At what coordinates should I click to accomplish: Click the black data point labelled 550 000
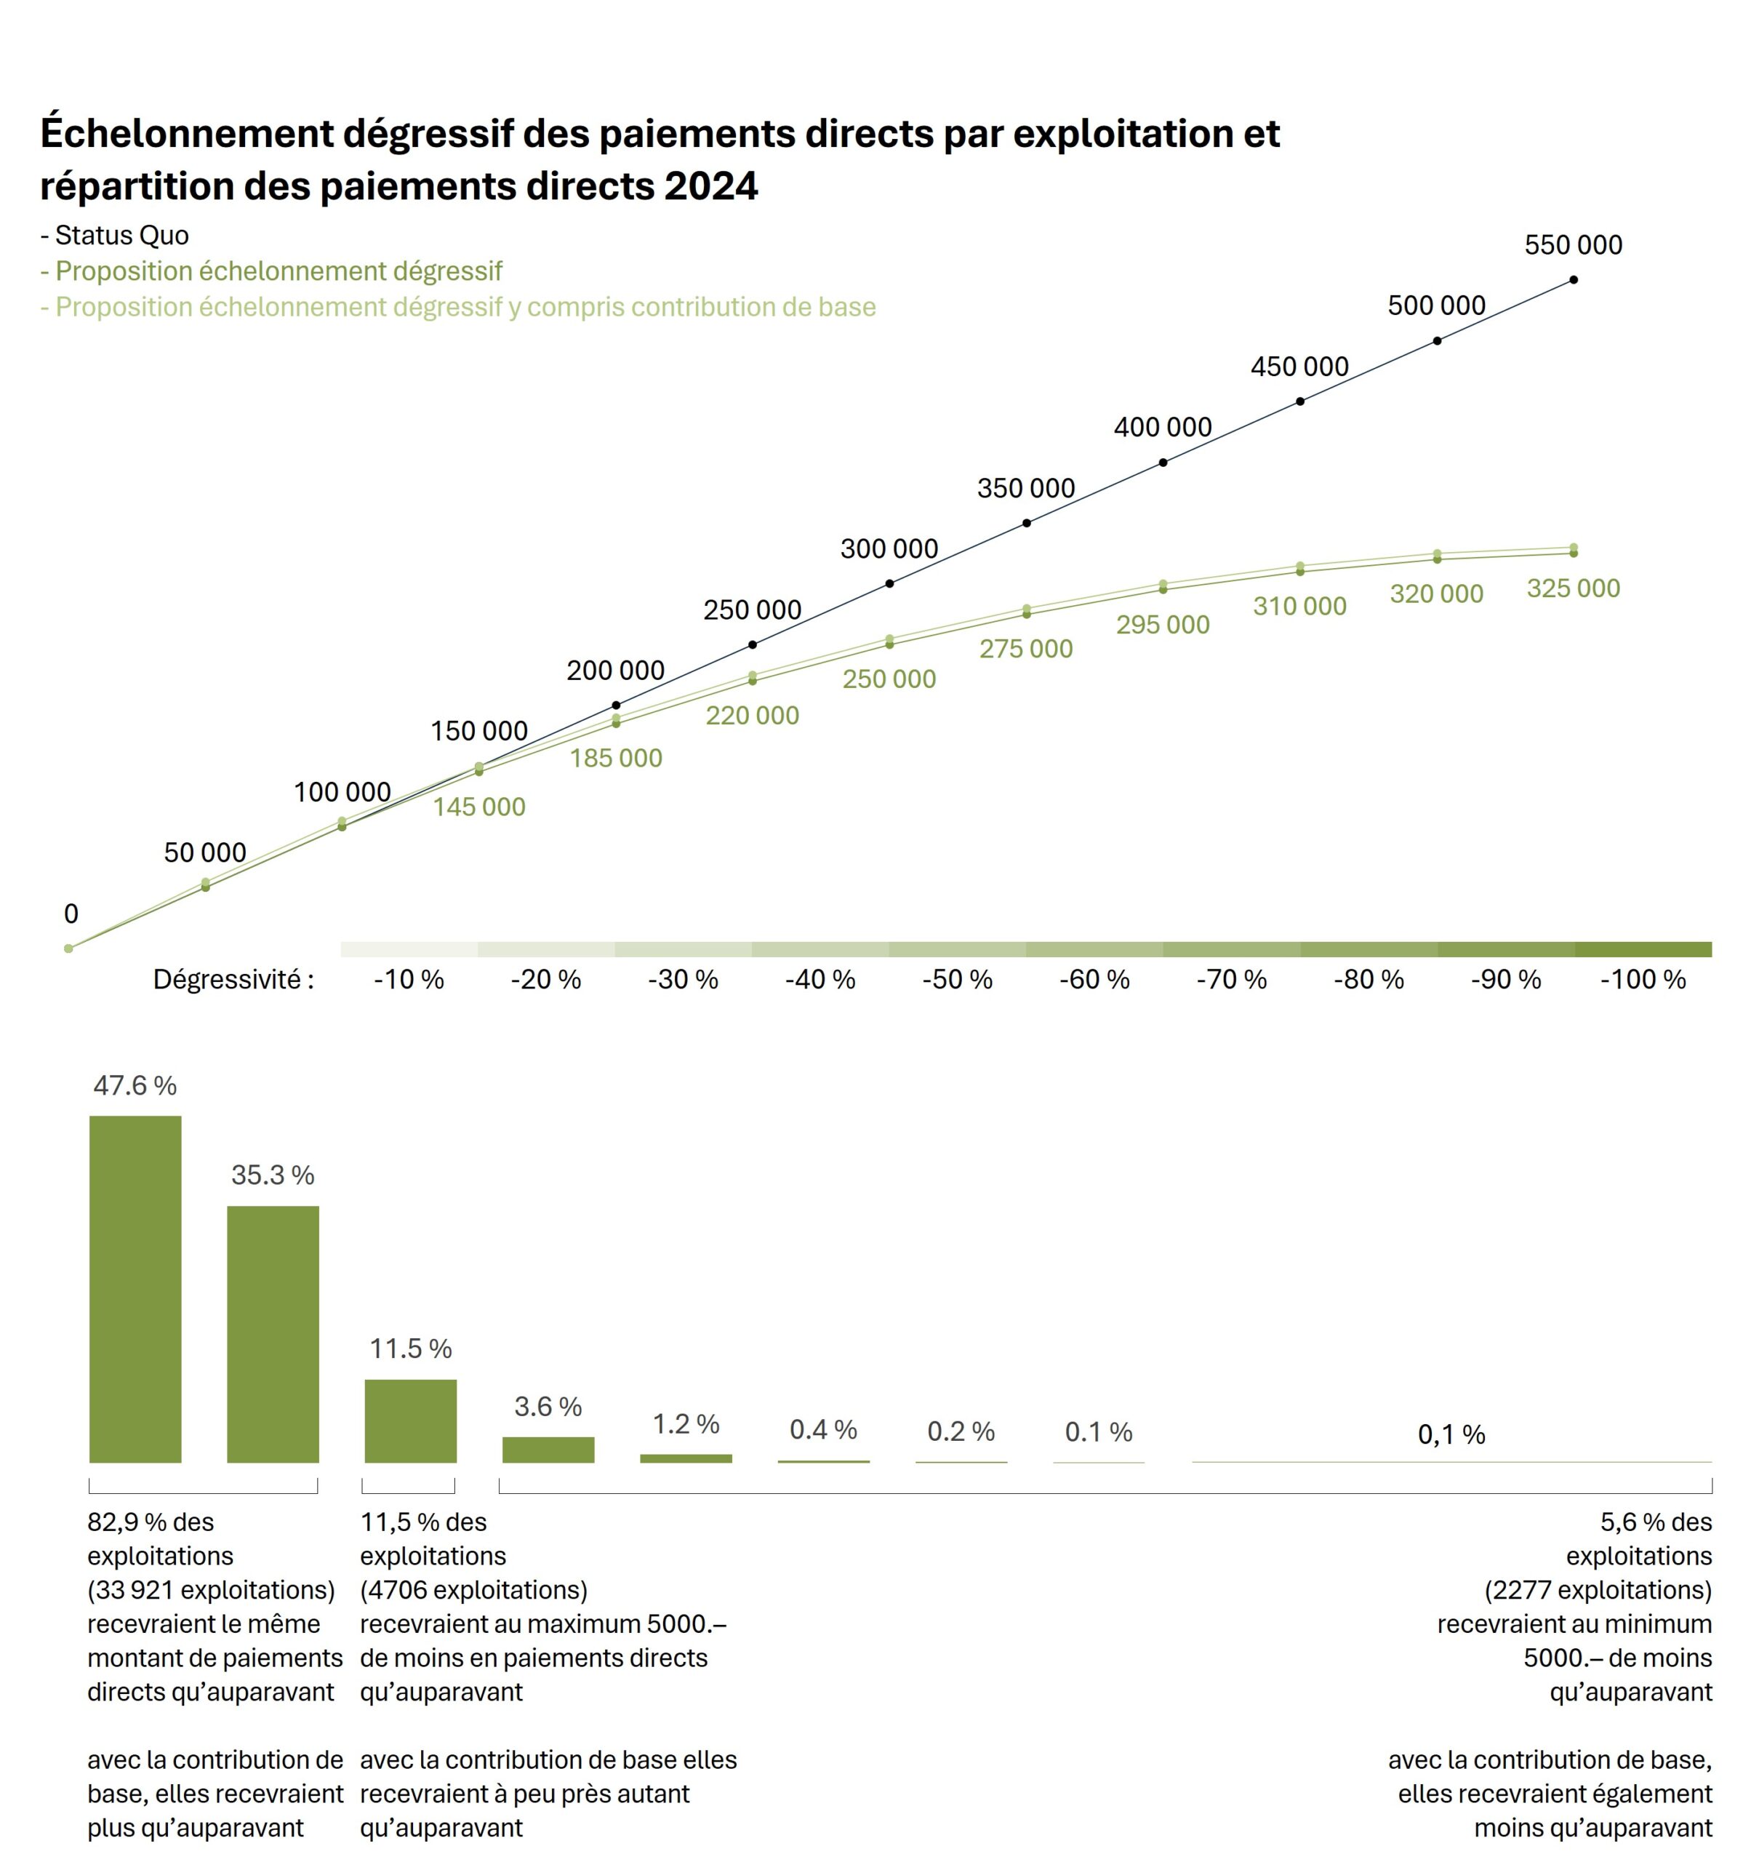pyautogui.click(x=1573, y=279)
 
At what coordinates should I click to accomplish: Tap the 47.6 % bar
pyautogui.click(x=135, y=1288)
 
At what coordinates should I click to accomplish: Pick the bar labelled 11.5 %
pyautogui.click(x=410, y=1420)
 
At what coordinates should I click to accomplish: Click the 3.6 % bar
pyautogui.click(x=548, y=1449)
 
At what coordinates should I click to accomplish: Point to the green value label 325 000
pyautogui.click(x=1573, y=588)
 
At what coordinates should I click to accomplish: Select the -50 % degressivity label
pyautogui.click(x=957, y=980)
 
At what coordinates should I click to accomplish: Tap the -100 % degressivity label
pyautogui.click(x=1643, y=980)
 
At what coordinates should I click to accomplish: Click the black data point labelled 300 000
pyautogui.click(x=889, y=583)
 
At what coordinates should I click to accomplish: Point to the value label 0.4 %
pyautogui.click(x=823, y=1429)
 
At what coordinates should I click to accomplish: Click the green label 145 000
pyautogui.click(x=478, y=807)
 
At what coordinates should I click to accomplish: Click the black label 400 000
pyautogui.click(x=1162, y=427)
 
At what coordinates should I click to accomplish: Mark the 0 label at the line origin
pyautogui.click(x=71, y=914)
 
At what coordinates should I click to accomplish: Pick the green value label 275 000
pyautogui.click(x=1025, y=648)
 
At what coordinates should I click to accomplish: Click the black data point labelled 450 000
pyautogui.click(x=1299, y=401)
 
